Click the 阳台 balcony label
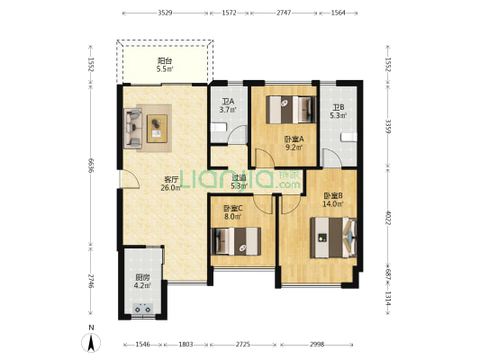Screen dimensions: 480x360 point(165,61)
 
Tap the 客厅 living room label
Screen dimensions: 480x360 point(171,179)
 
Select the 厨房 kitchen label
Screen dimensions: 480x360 point(142,278)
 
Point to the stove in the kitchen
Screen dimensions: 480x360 point(143,309)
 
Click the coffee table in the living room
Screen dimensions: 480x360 point(157,129)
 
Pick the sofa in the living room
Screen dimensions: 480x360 point(133,128)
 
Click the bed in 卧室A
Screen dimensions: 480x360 point(291,110)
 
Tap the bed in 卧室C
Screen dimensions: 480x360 point(236,241)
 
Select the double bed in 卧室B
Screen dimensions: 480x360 point(333,238)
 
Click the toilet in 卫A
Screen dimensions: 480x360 point(219,127)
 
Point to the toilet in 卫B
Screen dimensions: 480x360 point(349,138)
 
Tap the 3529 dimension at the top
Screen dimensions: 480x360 point(166,13)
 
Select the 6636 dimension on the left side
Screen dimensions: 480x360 point(90,166)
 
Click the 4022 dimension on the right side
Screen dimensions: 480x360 point(387,218)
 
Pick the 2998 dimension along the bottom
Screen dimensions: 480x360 point(316,345)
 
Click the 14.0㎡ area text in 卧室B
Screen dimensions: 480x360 point(332,204)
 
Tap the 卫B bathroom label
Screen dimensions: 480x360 point(339,107)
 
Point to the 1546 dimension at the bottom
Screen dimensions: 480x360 point(142,345)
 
